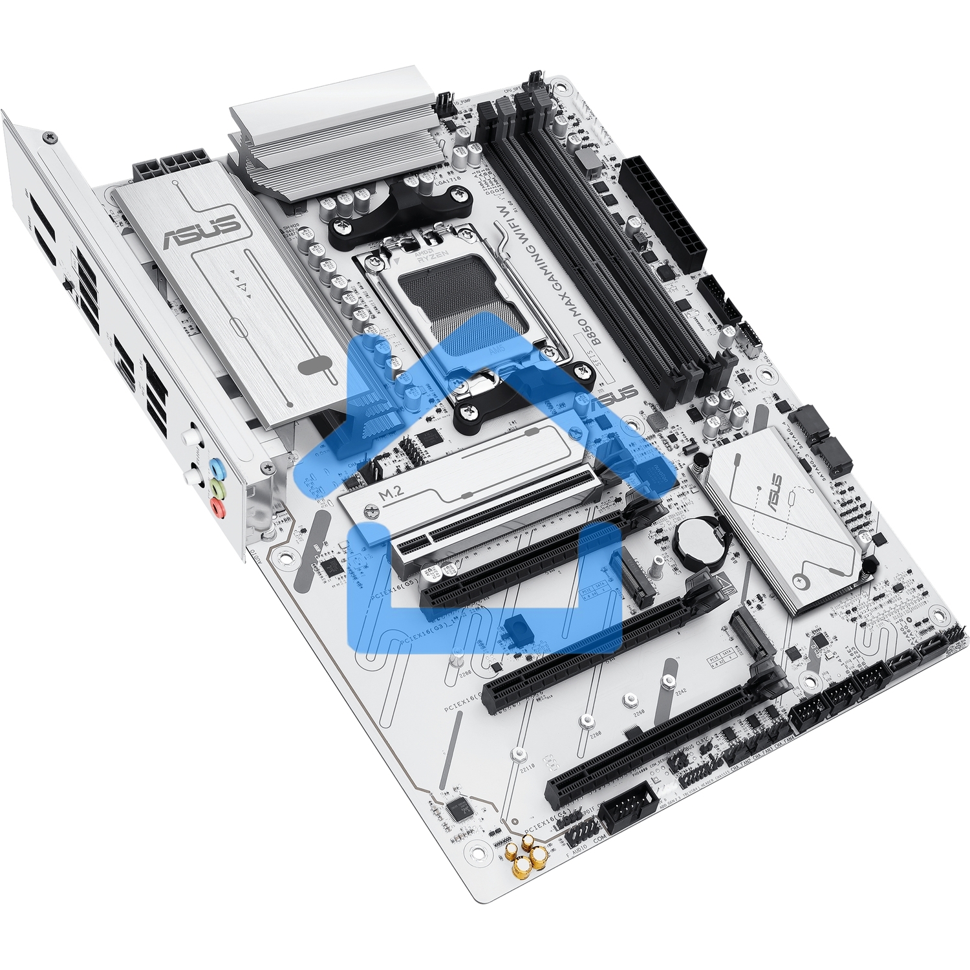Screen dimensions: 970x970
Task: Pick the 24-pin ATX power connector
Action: (x=663, y=214)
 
